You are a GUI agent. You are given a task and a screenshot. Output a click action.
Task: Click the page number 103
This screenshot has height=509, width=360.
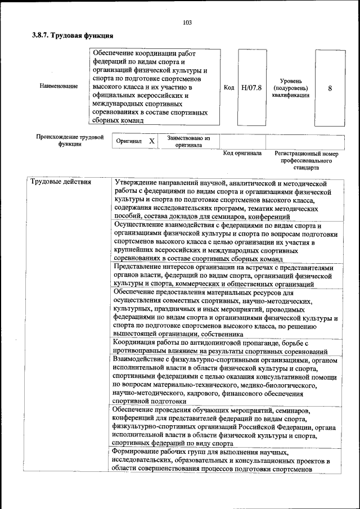click(187, 22)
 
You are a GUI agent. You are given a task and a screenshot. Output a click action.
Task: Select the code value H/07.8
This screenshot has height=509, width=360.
click(251, 88)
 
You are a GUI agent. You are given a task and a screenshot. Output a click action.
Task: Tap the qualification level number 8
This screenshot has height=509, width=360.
click(330, 88)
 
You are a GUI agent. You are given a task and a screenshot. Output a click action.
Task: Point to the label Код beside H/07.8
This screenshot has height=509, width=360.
click(229, 88)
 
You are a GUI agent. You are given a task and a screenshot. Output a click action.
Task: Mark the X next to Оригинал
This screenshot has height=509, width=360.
click(151, 142)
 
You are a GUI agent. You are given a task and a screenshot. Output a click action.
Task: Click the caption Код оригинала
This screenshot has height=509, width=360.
click(242, 154)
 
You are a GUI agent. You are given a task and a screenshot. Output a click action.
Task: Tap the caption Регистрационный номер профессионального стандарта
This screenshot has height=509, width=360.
click(306, 160)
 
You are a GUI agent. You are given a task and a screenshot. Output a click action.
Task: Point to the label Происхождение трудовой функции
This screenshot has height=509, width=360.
click(70, 140)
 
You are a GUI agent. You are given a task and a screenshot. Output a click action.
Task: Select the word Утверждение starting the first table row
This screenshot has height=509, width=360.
click(136, 183)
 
